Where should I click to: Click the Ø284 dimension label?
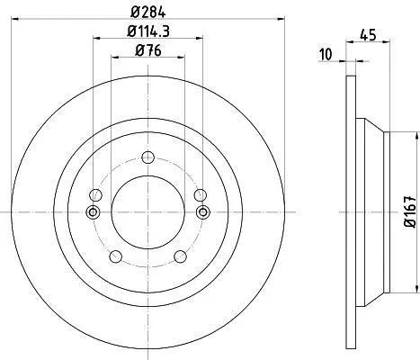click(148, 13)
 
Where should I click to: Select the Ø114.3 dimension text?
click(148, 31)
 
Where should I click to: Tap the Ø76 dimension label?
click(148, 50)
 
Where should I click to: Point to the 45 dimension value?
click(368, 35)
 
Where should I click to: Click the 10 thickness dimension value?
click(326, 55)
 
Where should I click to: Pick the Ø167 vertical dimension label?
click(410, 212)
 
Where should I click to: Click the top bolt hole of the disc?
click(147, 157)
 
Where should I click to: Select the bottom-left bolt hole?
click(116, 256)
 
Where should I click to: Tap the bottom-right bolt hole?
click(180, 256)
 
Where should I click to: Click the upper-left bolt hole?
click(95, 195)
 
